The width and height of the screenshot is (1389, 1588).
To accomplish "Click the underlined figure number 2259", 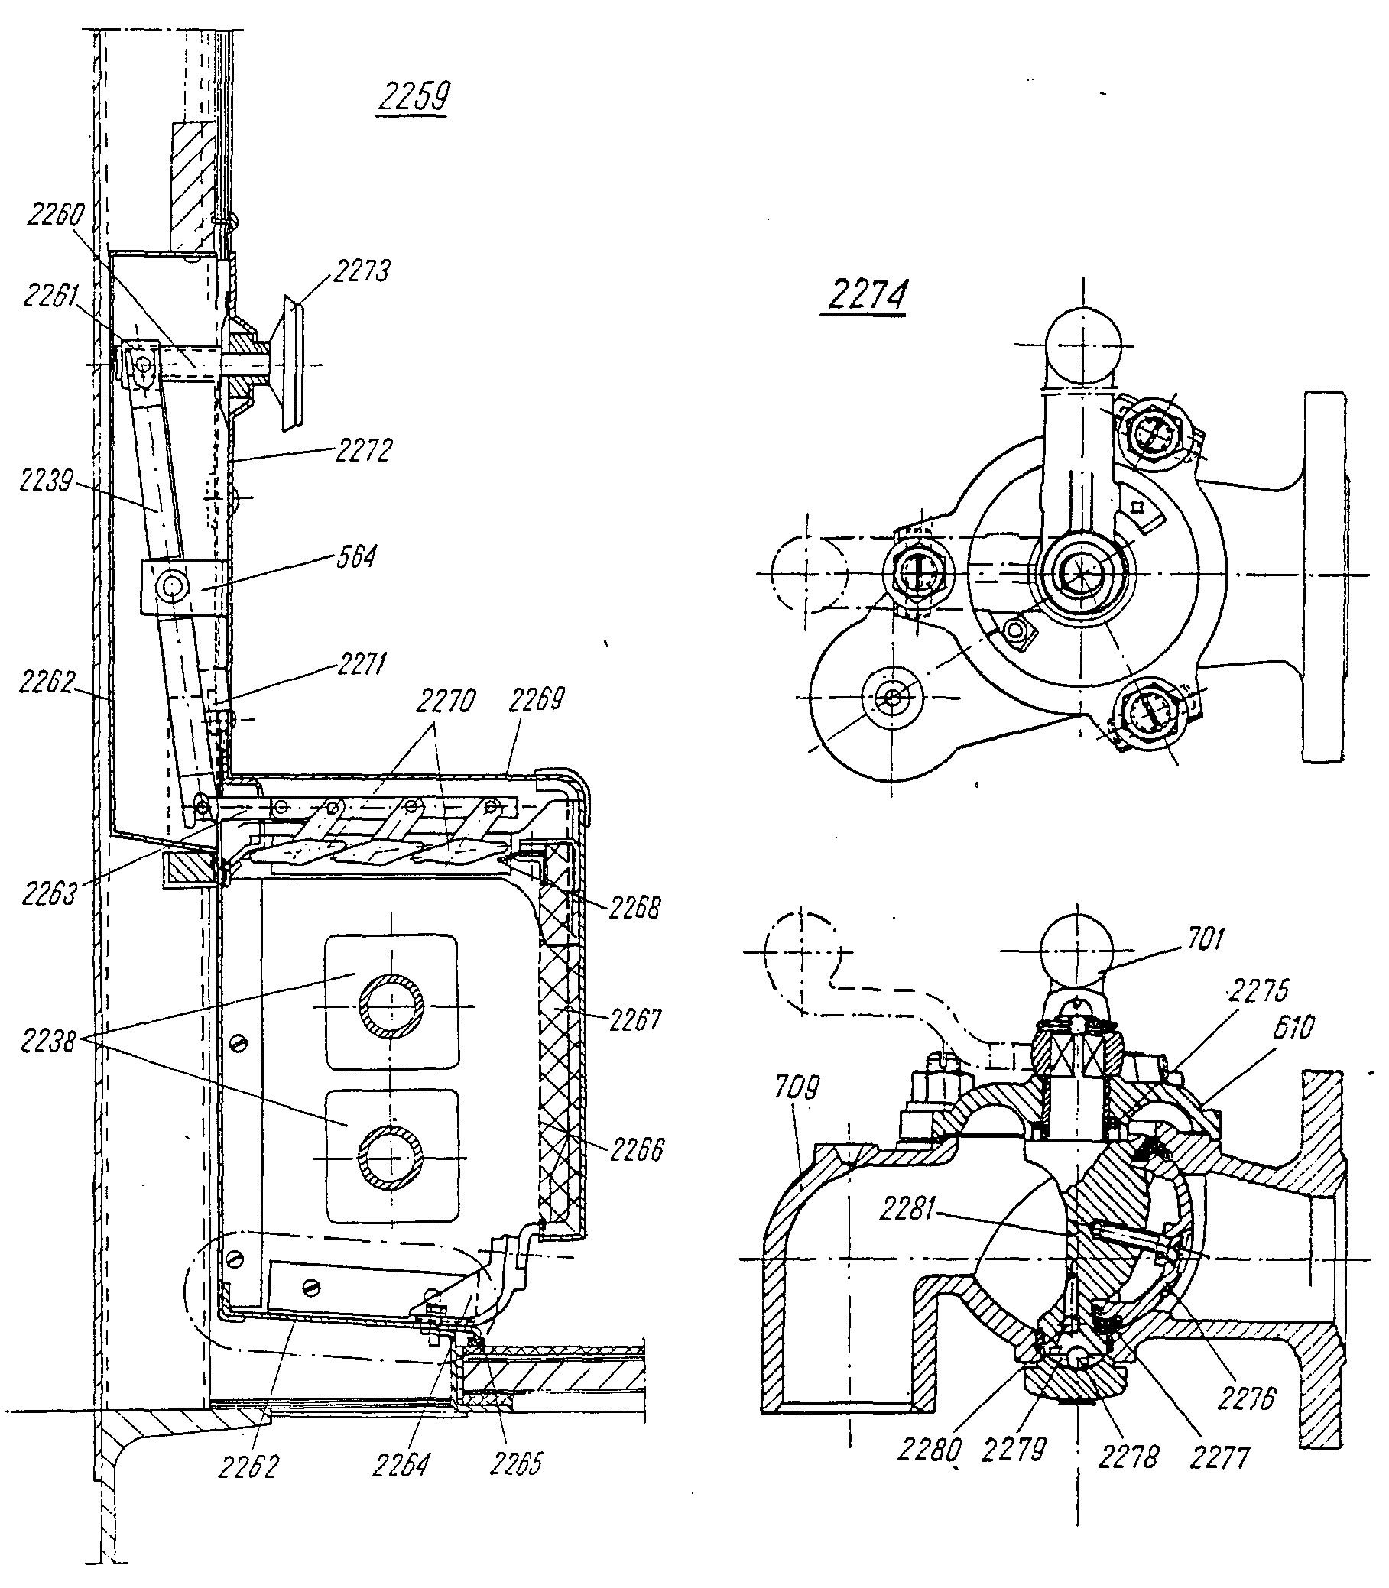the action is [x=414, y=98].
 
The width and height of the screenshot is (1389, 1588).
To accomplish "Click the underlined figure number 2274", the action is [x=867, y=294].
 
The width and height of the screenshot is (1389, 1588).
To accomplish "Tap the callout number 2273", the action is [x=362, y=271].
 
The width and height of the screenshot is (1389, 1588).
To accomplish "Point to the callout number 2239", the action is [x=47, y=481].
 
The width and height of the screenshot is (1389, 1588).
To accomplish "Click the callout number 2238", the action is [x=48, y=1041].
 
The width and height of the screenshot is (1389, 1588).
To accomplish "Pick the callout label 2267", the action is [x=635, y=1019].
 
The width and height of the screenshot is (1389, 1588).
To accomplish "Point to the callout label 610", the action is [x=1293, y=1027].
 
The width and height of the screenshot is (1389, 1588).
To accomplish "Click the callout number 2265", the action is [x=516, y=1463].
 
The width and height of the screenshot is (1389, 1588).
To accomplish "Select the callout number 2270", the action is [x=445, y=702].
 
